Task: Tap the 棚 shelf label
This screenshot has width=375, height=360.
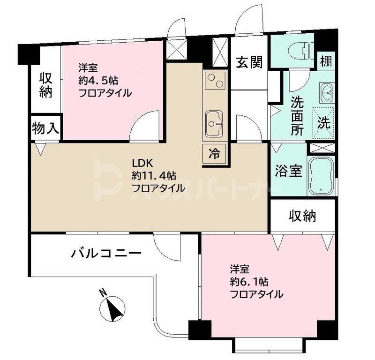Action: (326, 61)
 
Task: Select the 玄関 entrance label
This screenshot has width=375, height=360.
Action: (248, 61)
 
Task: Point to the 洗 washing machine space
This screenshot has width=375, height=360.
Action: (324, 123)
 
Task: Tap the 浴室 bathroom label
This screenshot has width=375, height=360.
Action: (288, 171)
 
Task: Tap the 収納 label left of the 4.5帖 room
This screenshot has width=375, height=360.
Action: (45, 85)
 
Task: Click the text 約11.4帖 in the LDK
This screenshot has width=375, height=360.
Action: (154, 176)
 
